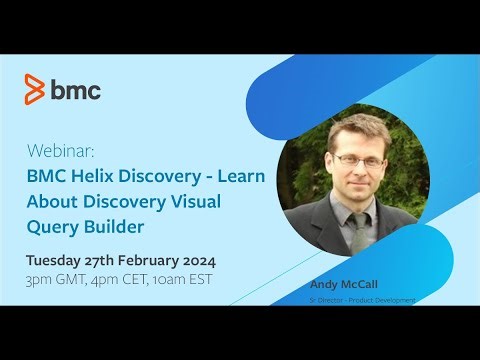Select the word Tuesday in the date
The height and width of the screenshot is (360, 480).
point(55,260)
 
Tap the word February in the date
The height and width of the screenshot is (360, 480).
point(157,260)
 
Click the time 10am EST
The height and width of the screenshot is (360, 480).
point(183,279)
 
